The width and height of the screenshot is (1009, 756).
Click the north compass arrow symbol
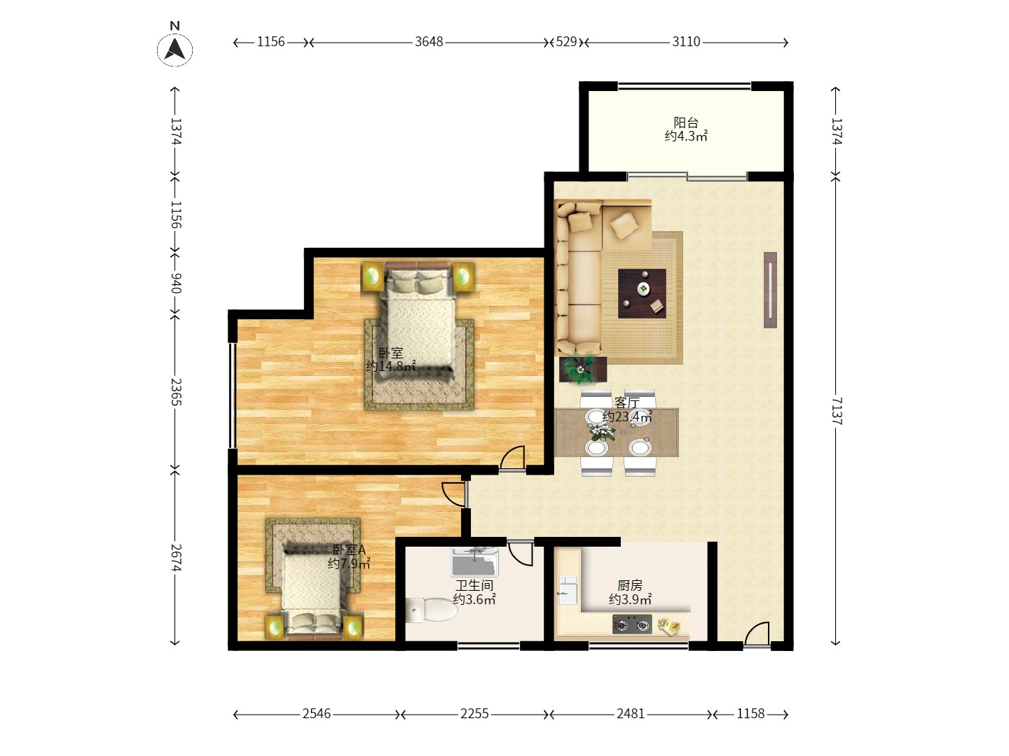tap(174, 50)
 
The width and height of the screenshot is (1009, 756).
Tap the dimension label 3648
tap(429, 42)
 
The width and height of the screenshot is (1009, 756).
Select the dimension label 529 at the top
tap(566, 42)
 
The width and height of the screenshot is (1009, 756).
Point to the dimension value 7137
tap(837, 411)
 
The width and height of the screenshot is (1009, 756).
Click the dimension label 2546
tap(317, 714)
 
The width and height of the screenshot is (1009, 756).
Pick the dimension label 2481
tap(631, 714)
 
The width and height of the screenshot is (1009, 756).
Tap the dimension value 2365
tap(176, 392)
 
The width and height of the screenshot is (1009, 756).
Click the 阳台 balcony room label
tap(686, 122)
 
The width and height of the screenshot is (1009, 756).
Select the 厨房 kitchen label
tap(630, 585)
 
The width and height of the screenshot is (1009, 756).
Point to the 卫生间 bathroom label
tap(474, 585)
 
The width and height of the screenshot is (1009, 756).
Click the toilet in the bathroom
tap(431, 610)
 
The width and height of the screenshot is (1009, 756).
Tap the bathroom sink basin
tap(475, 562)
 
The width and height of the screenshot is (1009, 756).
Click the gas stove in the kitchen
tap(632, 624)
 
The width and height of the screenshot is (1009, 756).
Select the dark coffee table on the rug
tap(642, 293)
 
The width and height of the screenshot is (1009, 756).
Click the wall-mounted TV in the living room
tap(771, 290)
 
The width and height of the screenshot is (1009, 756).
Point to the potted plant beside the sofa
tap(582, 369)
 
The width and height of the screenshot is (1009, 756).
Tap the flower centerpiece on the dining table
tap(602, 432)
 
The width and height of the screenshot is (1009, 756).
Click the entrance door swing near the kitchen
tap(757, 634)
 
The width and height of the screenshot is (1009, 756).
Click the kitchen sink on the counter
tap(568, 590)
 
